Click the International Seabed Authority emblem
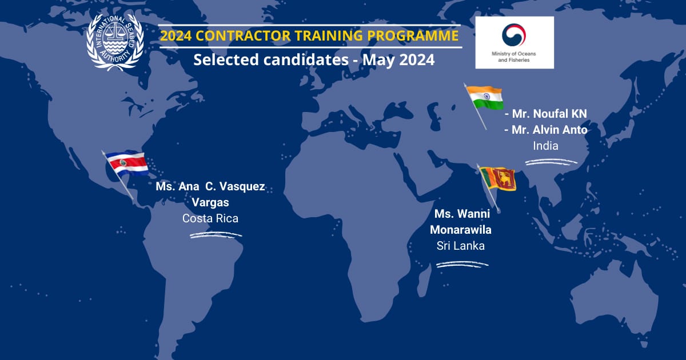pyautogui.click(x=115, y=42)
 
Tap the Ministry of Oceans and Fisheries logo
pyautogui.click(x=514, y=42)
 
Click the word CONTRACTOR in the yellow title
pyautogui.click(x=243, y=35)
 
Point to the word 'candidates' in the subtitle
pyautogui.click(x=306, y=59)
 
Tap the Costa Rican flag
pyautogui.click(x=127, y=163)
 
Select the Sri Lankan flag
pyautogui.click(x=498, y=178)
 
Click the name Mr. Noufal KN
pyautogui.click(x=546, y=114)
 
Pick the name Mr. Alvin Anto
pyautogui.click(x=546, y=130)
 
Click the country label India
pyautogui.click(x=545, y=146)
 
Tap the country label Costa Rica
pyautogui.click(x=210, y=218)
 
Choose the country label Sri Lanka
pyautogui.click(x=461, y=246)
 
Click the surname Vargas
pyautogui.click(x=210, y=202)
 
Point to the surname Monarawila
pyautogui.click(x=461, y=230)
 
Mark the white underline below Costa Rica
pyautogui.click(x=216, y=235)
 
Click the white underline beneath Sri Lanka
pyautogui.click(x=462, y=264)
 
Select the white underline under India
pyautogui.click(x=551, y=162)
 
